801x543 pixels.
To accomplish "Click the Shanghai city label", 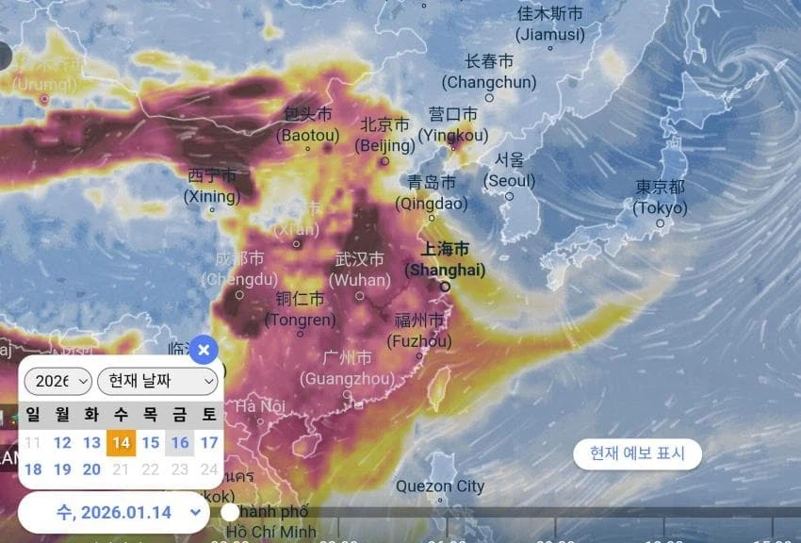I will point(445,260).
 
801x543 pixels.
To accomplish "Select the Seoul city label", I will point(510,170).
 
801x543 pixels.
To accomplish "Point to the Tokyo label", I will point(660,197).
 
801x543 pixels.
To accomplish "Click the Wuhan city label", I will point(360,270).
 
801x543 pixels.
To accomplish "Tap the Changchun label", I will point(489,72).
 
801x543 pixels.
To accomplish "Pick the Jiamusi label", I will point(551,25).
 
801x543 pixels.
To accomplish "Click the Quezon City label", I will point(440,486).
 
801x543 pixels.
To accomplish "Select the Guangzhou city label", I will point(347,369).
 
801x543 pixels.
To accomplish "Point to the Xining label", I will point(212,186).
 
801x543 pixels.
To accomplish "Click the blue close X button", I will point(203,350).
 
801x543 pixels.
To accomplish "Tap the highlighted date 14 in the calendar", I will point(121,442).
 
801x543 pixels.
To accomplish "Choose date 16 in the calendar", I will point(180,442).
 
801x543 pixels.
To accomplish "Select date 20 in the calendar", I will point(91,469).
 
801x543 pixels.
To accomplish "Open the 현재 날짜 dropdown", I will point(157,381).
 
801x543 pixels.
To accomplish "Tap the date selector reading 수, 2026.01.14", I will point(114,512).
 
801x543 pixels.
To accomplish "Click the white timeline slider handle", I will point(230,512).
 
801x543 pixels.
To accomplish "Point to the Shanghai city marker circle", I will point(445,287).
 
